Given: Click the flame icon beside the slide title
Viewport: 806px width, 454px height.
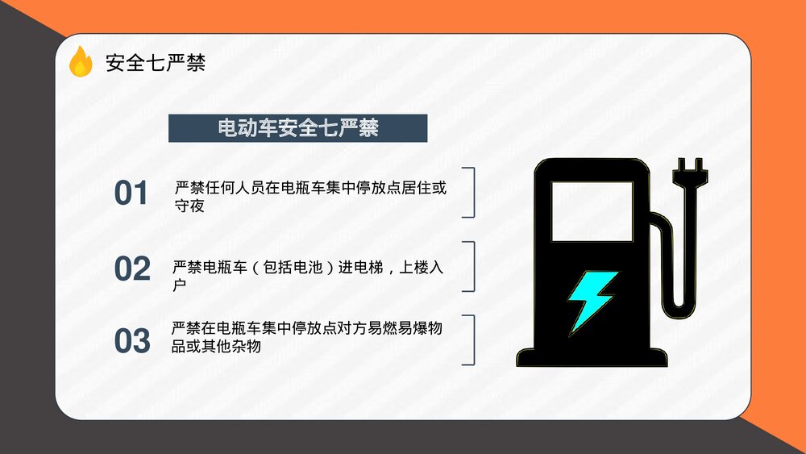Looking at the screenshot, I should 81,62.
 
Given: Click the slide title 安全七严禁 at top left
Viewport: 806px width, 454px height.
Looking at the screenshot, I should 156,63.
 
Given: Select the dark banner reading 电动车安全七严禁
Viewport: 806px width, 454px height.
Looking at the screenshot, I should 297,128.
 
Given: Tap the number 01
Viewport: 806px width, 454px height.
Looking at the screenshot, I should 131,194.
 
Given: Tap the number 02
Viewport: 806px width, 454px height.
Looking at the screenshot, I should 132,269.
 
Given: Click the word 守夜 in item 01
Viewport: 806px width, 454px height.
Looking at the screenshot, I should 189,206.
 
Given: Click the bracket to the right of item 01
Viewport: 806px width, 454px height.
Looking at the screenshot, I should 470,193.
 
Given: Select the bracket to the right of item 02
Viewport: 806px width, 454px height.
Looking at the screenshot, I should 470,266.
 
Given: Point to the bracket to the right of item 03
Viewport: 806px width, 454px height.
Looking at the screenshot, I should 470,340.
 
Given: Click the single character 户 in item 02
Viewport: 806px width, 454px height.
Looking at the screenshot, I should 179,285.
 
